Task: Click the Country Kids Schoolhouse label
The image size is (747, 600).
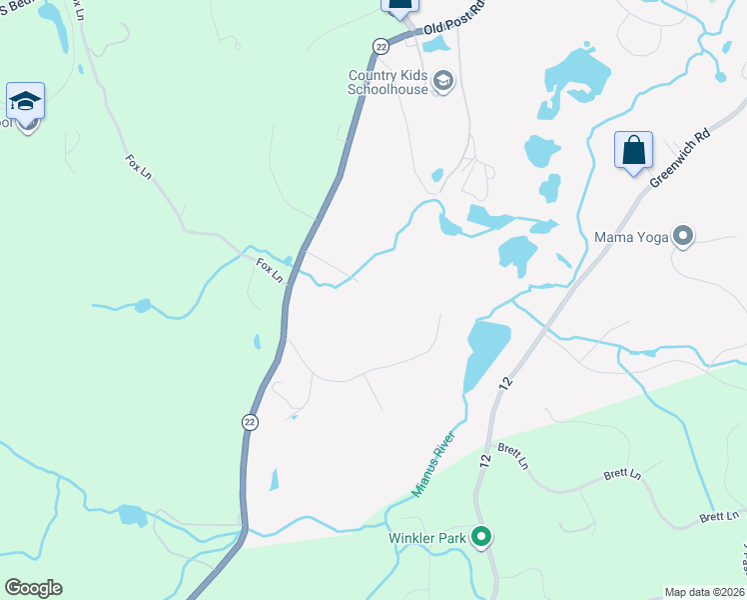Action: point(386,82)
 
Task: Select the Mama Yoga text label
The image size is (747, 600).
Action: point(631,238)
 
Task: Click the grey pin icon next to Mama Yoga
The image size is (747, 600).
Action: point(683,237)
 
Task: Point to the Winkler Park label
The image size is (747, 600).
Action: point(428,538)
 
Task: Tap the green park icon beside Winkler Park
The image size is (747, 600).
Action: point(481,538)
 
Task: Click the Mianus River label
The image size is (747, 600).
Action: point(434,464)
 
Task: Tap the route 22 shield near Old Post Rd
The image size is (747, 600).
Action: point(380,46)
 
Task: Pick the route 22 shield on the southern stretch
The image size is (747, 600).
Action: point(248,422)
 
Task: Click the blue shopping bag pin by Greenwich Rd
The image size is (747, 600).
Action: point(633,152)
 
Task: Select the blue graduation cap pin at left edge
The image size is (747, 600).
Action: point(25,101)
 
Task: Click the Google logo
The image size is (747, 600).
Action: point(33,588)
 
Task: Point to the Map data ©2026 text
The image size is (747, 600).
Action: point(705,592)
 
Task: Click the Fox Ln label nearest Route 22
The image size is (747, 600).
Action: point(270,269)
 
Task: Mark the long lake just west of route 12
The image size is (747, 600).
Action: point(485,356)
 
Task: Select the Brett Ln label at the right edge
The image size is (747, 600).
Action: point(718,517)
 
